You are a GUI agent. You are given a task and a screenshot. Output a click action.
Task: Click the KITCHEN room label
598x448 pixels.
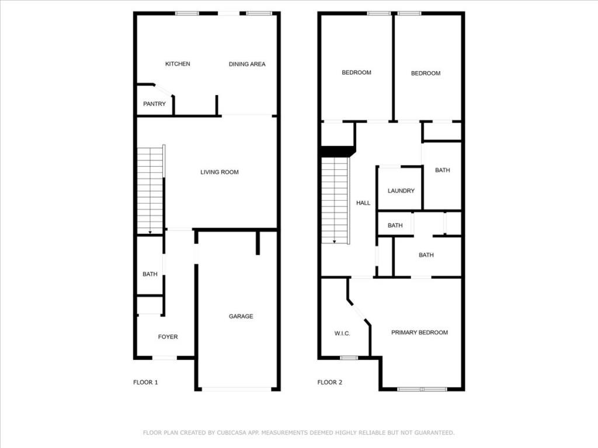[x=178, y=64]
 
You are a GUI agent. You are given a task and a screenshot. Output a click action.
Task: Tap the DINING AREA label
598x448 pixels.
[x=246, y=64]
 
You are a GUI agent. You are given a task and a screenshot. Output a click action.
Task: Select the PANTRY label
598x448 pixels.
[x=155, y=104]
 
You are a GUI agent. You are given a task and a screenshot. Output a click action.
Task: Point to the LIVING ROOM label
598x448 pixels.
[x=220, y=172]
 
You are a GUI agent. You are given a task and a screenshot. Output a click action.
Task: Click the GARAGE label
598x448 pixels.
[x=241, y=316]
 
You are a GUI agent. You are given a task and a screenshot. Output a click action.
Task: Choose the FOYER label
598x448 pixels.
[x=168, y=337]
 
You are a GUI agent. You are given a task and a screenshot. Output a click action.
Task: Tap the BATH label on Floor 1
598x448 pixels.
[x=150, y=274]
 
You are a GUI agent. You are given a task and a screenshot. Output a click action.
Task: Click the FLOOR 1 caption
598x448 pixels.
[x=145, y=383]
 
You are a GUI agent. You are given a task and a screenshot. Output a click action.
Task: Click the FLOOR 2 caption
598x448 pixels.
[x=330, y=383]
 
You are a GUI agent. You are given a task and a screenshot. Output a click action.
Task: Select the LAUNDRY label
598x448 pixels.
[x=401, y=191]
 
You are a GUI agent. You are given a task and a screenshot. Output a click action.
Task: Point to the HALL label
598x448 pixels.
[x=363, y=203]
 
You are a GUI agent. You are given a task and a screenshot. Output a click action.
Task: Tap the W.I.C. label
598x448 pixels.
[x=342, y=334]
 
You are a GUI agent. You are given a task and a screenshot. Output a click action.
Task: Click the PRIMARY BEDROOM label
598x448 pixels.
[x=419, y=332]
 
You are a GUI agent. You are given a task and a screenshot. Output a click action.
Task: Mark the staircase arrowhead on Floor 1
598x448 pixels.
[x=150, y=232]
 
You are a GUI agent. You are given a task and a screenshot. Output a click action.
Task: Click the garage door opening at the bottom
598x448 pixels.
[x=237, y=388]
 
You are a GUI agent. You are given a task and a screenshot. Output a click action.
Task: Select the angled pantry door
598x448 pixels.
[x=164, y=90]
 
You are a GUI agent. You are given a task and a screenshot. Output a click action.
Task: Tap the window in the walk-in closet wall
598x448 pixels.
[x=349, y=358]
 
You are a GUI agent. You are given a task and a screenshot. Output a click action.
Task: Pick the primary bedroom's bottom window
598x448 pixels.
[x=422, y=388]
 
